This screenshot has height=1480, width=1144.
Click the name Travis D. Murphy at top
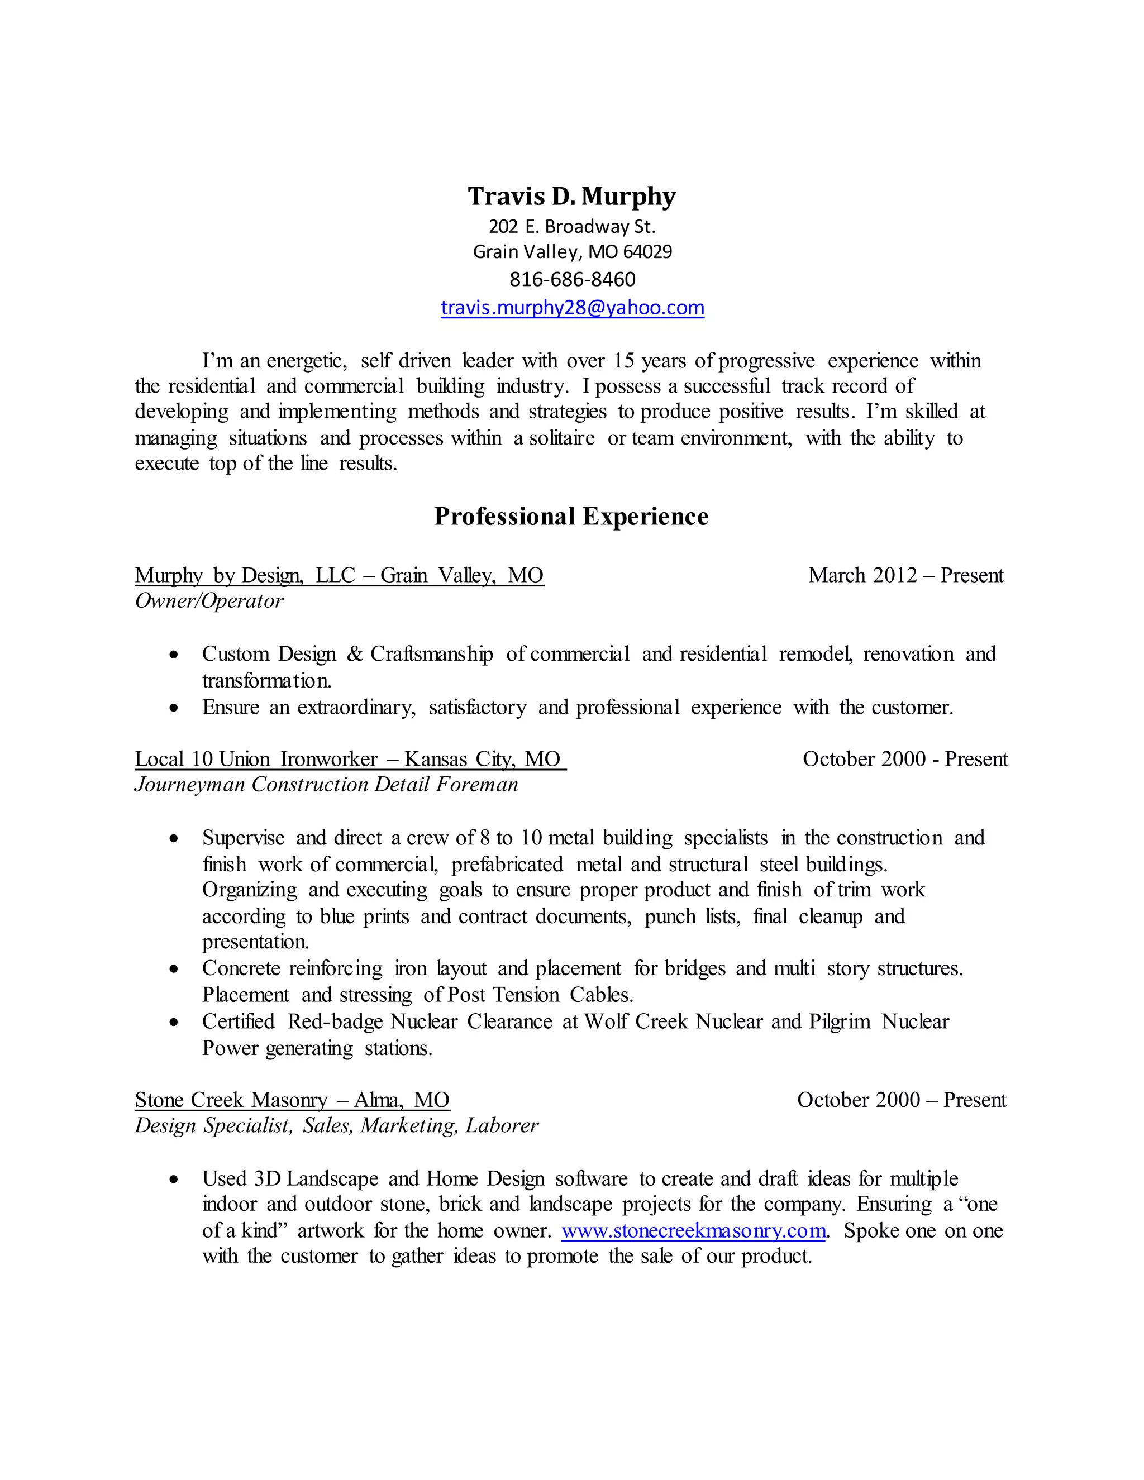(x=571, y=197)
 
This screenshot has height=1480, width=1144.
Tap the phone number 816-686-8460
(x=572, y=279)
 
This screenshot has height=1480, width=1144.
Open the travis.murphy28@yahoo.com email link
(x=572, y=308)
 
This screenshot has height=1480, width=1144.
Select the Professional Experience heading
(x=571, y=517)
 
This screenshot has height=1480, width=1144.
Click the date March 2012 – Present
(x=905, y=575)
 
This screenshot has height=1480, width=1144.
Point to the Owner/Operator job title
(x=209, y=601)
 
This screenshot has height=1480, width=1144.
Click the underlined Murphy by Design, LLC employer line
(x=339, y=575)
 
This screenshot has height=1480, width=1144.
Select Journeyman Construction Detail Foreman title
(x=326, y=785)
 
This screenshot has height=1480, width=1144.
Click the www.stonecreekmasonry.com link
(x=693, y=1230)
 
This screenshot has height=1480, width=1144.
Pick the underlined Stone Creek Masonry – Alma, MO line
(x=292, y=1100)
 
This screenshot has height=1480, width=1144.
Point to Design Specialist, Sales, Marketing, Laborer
(x=336, y=1125)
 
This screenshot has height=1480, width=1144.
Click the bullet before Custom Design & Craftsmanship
(x=174, y=655)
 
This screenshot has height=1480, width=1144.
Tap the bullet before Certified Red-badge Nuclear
(x=174, y=1023)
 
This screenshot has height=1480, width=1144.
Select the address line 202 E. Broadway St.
(x=572, y=226)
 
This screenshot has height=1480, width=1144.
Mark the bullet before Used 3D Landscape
(x=174, y=1180)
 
